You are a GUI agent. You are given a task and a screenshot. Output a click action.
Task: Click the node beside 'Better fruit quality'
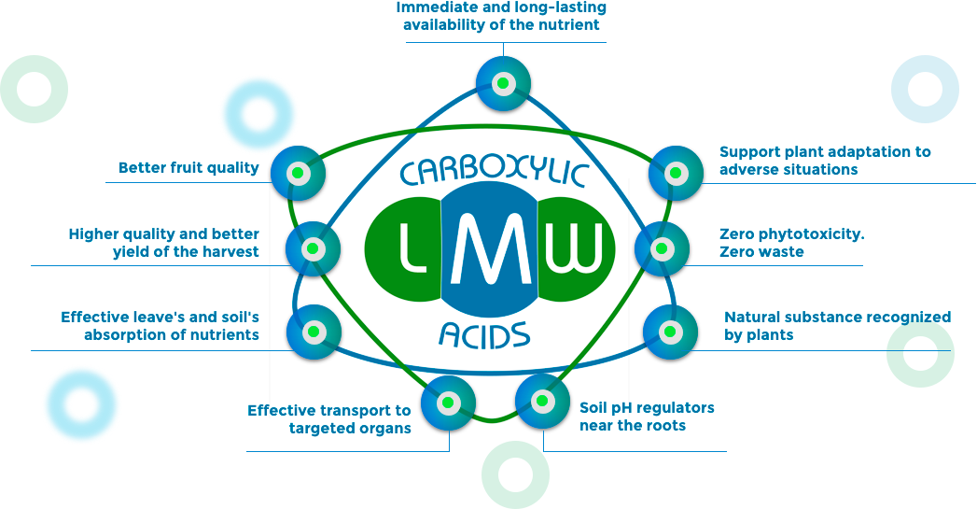tap(298, 173)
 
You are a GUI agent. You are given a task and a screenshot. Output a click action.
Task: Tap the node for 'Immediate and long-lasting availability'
tap(503, 83)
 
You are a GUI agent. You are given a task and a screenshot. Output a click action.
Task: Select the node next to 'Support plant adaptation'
tap(676, 173)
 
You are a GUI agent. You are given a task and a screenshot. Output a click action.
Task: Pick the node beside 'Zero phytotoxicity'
tap(662, 248)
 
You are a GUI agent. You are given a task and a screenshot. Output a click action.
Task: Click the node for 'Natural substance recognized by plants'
tap(670, 332)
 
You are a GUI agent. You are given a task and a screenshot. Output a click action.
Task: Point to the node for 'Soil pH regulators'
tap(542, 402)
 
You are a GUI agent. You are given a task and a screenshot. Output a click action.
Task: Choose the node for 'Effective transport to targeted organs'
tap(448, 403)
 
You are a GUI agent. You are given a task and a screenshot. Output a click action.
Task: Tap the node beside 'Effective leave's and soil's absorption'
tap(314, 332)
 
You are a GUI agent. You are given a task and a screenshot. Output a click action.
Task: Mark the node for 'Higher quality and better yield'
tap(314, 248)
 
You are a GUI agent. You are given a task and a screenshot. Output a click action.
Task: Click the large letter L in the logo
tap(412, 249)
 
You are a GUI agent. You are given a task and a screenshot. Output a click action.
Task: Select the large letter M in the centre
tap(484, 249)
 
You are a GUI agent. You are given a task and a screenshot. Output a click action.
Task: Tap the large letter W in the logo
tap(571, 249)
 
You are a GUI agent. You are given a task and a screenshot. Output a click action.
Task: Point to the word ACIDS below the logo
tap(484, 333)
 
